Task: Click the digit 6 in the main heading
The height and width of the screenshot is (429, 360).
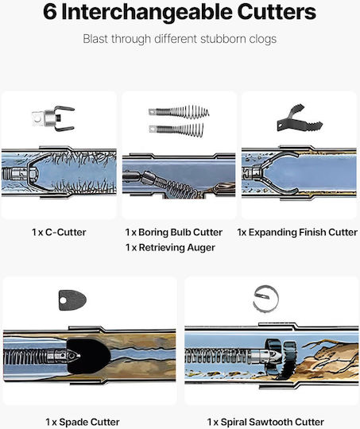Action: click(x=50, y=12)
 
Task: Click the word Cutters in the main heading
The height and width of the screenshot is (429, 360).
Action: click(x=277, y=12)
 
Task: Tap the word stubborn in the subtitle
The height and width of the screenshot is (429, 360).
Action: click(x=223, y=39)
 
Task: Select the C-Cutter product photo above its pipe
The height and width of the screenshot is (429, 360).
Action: click(x=53, y=118)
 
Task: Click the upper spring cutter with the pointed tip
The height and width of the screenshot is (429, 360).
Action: click(x=179, y=112)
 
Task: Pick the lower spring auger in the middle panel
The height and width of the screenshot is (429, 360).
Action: click(x=176, y=129)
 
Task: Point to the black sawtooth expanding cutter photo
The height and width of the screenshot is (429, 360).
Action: click(x=300, y=118)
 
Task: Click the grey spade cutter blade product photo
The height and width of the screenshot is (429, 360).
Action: click(x=72, y=300)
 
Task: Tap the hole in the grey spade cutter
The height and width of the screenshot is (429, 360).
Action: click(x=64, y=300)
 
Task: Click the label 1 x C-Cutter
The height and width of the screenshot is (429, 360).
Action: click(x=59, y=232)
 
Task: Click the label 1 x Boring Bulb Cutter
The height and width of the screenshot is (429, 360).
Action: click(x=174, y=232)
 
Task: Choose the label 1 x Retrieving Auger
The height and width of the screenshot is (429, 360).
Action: click(x=170, y=247)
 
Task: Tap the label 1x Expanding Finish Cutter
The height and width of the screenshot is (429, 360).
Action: click(x=297, y=232)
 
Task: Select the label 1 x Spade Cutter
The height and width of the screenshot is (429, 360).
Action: click(x=83, y=422)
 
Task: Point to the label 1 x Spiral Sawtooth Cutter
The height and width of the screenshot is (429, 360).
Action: click(x=265, y=422)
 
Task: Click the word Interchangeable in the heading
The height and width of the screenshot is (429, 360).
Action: click(x=147, y=12)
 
